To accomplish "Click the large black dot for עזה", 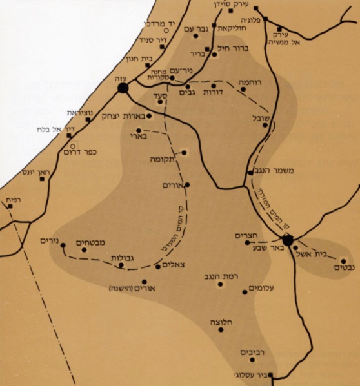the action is click(123, 88).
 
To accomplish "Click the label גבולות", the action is click(122, 258).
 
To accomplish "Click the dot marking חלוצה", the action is click(221, 329).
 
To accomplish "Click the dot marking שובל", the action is click(265, 126).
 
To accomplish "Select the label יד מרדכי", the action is click(150, 21).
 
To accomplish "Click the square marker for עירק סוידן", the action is click(231, 10).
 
